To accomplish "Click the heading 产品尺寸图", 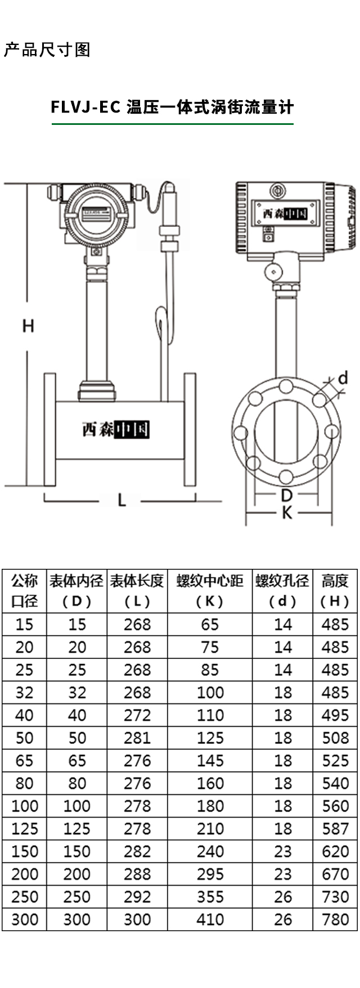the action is click(47, 50).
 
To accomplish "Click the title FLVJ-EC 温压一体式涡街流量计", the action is click(172, 107).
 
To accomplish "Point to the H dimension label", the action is click(28, 325).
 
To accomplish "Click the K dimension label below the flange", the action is click(287, 513).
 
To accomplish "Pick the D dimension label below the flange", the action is click(287, 496).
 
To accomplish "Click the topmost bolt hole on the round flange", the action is click(286, 387).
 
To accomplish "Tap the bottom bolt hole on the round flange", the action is click(286, 477).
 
